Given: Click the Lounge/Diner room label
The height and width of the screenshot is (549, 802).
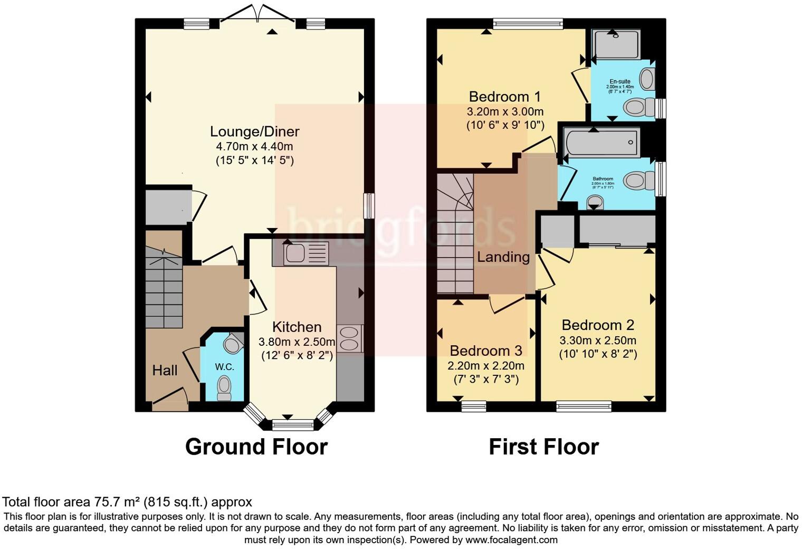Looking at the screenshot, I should [254, 131].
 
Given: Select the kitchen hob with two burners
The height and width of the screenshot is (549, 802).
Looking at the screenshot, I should [349, 338].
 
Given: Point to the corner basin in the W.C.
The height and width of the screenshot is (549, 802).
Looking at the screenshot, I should [232, 344].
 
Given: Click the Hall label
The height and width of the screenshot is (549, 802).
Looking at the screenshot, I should [165, 371].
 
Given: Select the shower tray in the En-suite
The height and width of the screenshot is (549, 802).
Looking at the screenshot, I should [616, 44].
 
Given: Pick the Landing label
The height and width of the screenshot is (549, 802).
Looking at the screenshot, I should [503, 257].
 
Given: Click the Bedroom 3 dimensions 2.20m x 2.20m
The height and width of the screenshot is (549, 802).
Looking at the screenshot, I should [486, 366].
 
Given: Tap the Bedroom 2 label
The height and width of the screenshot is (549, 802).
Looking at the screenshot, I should [598, 325].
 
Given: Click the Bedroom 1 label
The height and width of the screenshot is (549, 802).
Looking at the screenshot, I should [505, 97].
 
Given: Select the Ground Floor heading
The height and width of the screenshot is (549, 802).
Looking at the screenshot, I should [256, 447].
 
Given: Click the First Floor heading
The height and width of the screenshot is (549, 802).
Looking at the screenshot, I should [543, 447].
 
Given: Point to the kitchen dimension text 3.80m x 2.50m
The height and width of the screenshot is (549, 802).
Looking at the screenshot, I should [297, 342].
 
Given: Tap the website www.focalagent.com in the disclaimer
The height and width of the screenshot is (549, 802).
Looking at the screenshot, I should [511, 539].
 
